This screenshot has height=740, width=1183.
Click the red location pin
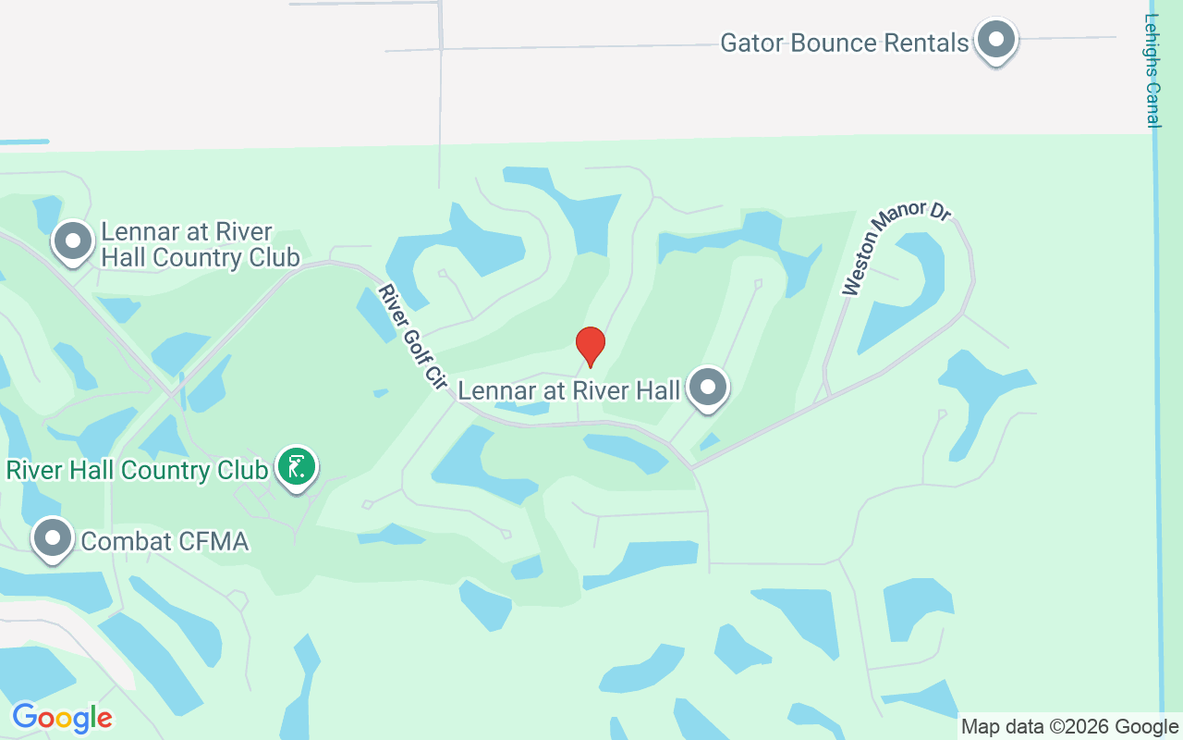pyautogui.click(x=591, y=346)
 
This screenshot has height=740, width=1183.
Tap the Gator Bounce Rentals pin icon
pyautogui.click(x=996, y=40)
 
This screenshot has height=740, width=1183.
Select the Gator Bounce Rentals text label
pyautogui.click(x=844, y=43)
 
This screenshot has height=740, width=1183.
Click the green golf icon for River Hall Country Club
pyautogui.click(x=296, y=468)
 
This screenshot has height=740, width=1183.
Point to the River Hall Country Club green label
pyautogui.click(x=137, y=470)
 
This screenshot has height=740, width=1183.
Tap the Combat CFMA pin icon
pyautogui.click(x=53, y=538)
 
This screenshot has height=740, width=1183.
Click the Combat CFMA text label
pyautogui.click(x=165, y=541)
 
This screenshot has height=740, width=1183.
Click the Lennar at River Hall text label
pyautogui.click(x=569, y=390)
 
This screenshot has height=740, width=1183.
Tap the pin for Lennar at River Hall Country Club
pyautogui.click(x=73, y=241)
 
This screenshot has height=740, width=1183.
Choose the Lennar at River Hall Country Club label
pyautogui.click(x=200, y=244)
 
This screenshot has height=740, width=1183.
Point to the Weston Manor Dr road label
pyautogui.click(x=896, y=249)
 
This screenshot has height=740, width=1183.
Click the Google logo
pyautogui.click(x=62, y=718)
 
